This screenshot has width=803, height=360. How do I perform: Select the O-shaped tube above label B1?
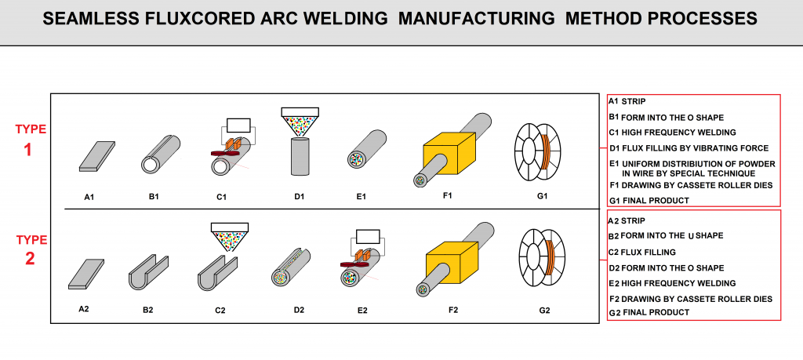click(x=160, y=154)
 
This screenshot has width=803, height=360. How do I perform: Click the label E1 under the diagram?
click(x=361, y=196)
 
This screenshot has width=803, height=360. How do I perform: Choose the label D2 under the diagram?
click(x=299, y=311)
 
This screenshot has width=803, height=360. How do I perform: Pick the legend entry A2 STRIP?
click(x=634, y=220)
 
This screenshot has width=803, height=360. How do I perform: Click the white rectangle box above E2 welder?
click(x=366, y=236)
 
